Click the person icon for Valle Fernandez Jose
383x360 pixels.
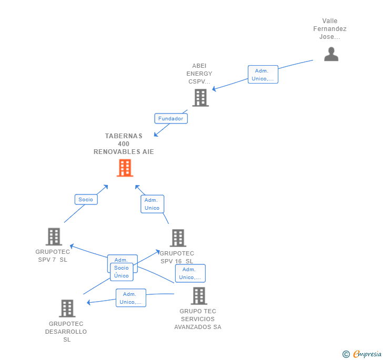coord(331,54)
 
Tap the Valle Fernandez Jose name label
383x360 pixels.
coord(330,29)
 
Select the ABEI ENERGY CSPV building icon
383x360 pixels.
coord(200,98)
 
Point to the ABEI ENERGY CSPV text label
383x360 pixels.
coord(199,74)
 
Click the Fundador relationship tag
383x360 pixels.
coord(171,118)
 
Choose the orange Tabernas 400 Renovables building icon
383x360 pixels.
coord(125,168)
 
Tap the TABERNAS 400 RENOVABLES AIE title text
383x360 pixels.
coord(124,143)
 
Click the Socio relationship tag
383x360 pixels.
coord(86,199)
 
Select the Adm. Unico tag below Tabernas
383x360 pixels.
coord(152,204)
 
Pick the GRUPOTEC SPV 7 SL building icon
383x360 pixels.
coord(54,237)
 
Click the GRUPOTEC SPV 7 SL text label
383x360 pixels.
coord(53,256)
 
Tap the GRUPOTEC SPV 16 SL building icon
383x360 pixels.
coord(178,238)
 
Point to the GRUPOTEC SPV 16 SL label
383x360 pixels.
coord(177,257)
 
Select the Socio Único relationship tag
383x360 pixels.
coord(122,272)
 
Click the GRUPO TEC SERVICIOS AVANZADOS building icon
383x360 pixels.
coord(199,296)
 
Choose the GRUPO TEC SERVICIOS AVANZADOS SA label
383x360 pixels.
coord(198,319)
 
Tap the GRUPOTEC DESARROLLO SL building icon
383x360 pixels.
coord(67,308)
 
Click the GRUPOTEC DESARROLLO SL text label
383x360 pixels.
coord(66,332)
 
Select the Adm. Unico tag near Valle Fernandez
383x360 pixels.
coord(263,75)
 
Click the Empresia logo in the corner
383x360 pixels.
coord(362,354)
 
